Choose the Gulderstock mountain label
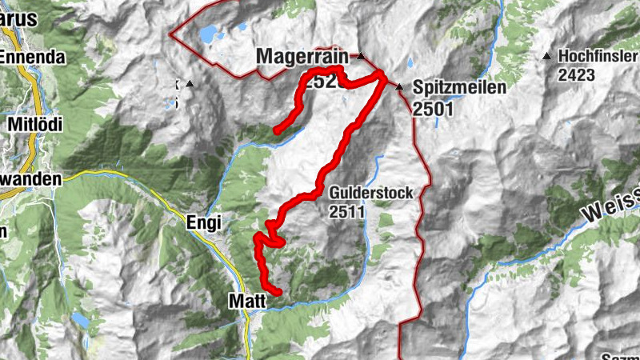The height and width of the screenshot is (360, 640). point(358,193)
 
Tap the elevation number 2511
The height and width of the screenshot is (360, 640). point(346,212)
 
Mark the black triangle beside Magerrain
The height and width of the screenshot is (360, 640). point(361,57)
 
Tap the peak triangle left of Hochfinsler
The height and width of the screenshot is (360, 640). point(546,56)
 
